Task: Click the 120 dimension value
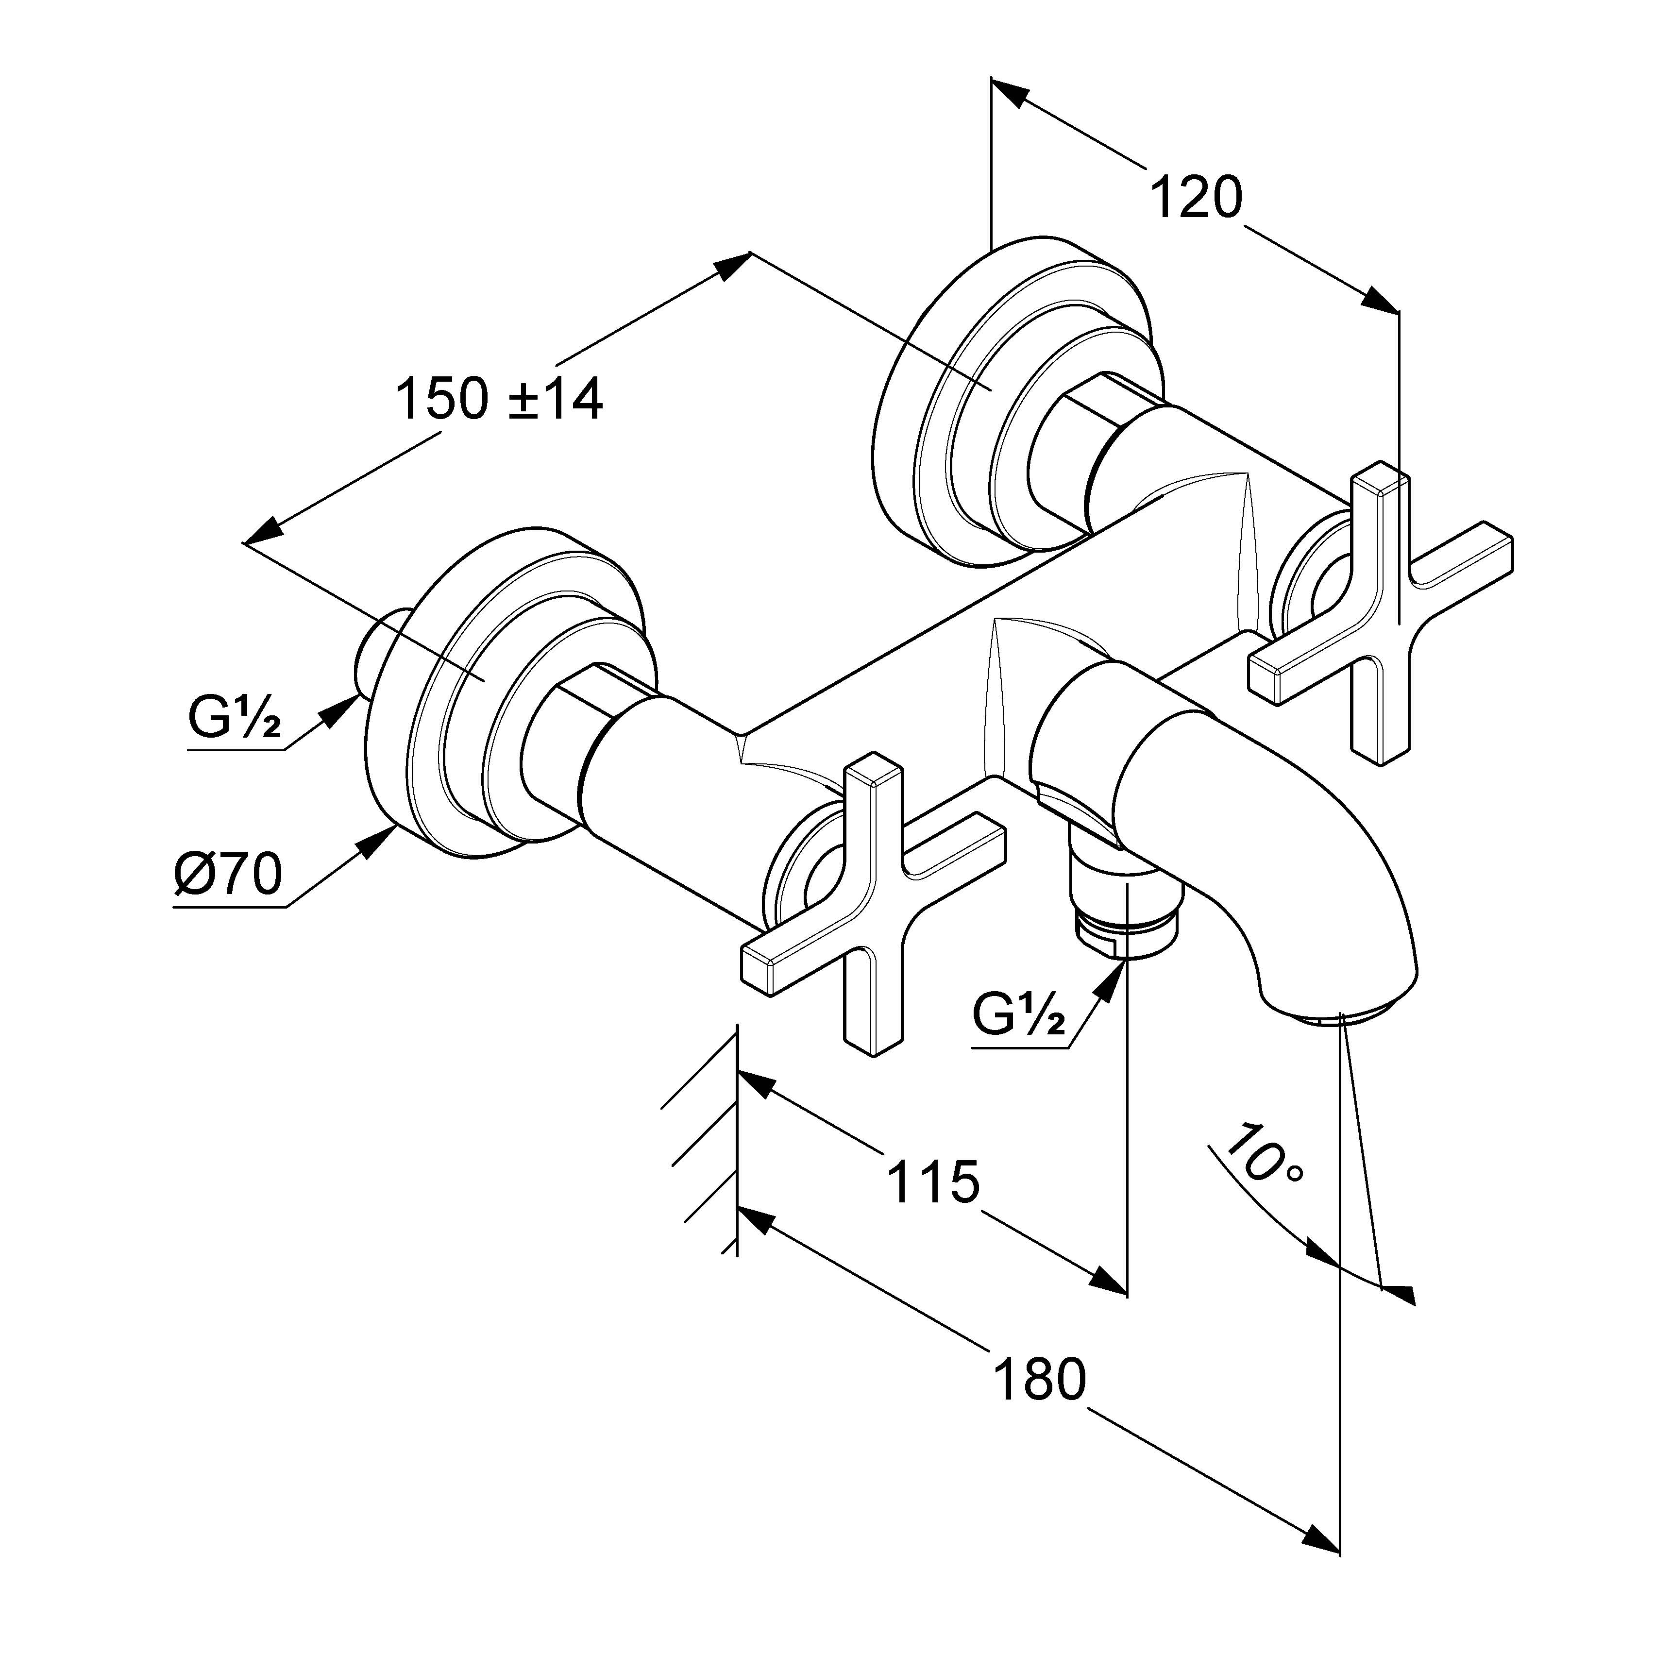(1196, 199)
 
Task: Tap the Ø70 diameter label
(227, 875)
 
